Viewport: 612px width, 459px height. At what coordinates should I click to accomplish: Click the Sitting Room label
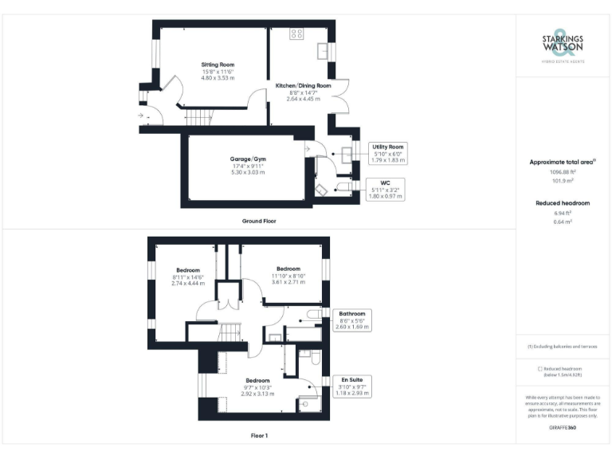[218, 65]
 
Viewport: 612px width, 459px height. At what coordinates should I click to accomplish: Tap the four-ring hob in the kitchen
[296, 33]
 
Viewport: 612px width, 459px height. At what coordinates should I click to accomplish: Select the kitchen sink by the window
[324, 50]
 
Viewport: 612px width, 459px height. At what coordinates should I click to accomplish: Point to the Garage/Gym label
[246, 159]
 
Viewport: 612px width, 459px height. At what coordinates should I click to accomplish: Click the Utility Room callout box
[388, 153]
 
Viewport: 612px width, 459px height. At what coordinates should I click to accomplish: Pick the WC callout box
[385, 189]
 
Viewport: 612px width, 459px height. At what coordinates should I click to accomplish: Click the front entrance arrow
[141, 116]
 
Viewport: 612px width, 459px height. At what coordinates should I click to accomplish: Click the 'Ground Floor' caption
[259, 221]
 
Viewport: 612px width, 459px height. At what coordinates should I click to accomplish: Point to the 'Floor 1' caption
[259, 436]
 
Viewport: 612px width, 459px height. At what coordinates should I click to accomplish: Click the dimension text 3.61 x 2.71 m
[288, 282]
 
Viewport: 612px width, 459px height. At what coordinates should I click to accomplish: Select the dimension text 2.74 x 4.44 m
[187, 283]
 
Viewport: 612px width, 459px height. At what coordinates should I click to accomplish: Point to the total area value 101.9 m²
[563, 181]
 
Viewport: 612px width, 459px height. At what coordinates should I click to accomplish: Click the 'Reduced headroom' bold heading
[563, 203]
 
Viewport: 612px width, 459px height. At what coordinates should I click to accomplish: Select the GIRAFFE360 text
[563, 428]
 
